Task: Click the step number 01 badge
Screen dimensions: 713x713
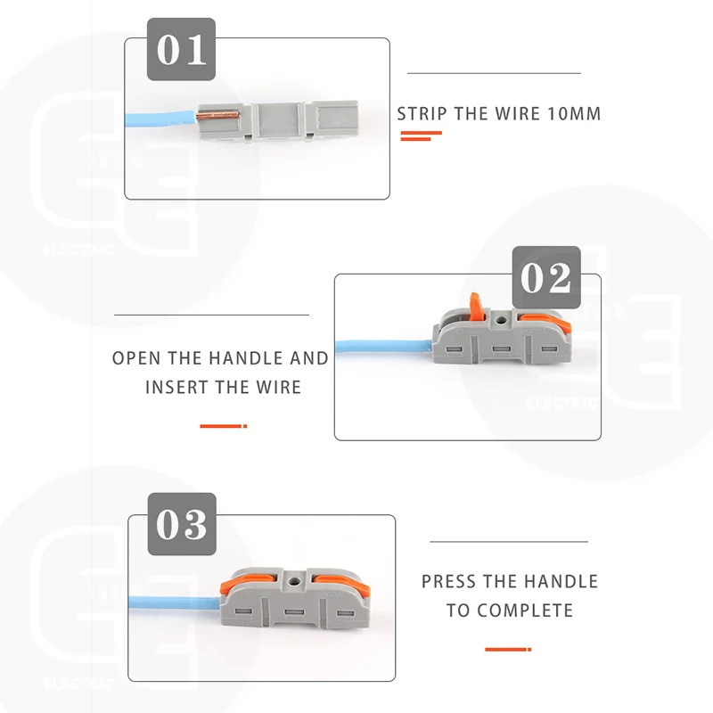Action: [182, 50]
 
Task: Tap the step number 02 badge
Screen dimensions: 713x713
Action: [546, 278]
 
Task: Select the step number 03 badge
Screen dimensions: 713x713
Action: [182, 524]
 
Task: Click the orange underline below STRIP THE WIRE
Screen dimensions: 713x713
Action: [422, 135]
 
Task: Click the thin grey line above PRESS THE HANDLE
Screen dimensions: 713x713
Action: [509, 541]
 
